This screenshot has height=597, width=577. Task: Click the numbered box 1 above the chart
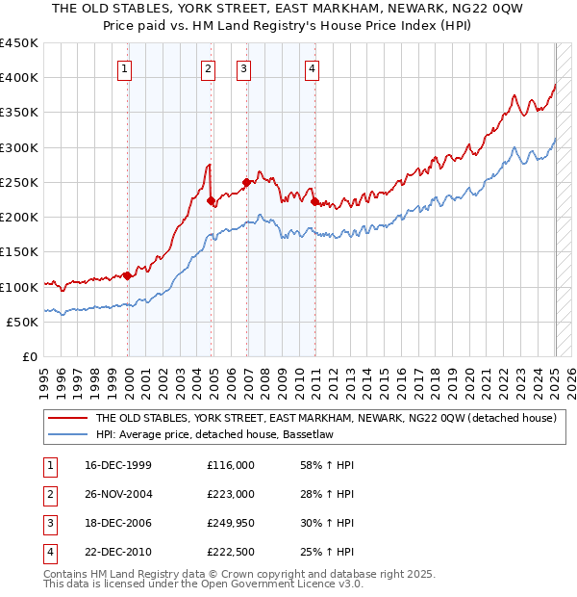126,67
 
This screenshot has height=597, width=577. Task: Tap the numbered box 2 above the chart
209,67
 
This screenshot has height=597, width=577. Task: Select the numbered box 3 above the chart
244,67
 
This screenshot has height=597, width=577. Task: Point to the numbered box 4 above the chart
313,67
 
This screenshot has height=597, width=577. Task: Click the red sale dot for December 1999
128,276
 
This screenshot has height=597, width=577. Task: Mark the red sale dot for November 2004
211,201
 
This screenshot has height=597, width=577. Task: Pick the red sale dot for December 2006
246,182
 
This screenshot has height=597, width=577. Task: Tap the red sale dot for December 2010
314,201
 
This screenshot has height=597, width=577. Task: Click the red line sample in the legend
66,418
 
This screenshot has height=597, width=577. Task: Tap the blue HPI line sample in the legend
66,434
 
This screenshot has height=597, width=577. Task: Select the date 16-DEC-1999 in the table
117,465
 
